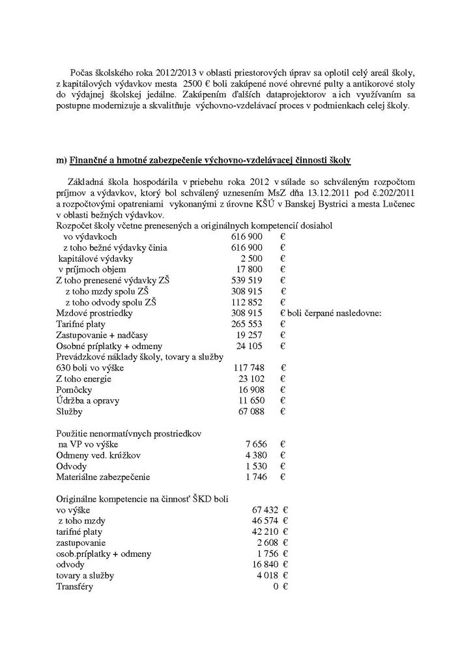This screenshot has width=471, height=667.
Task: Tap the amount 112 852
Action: tap(247, 302)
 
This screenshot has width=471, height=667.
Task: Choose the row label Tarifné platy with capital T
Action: tap(84, 324)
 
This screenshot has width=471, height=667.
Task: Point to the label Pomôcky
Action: tap(74, 390)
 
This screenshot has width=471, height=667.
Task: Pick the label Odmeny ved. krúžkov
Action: tap(95, 455)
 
